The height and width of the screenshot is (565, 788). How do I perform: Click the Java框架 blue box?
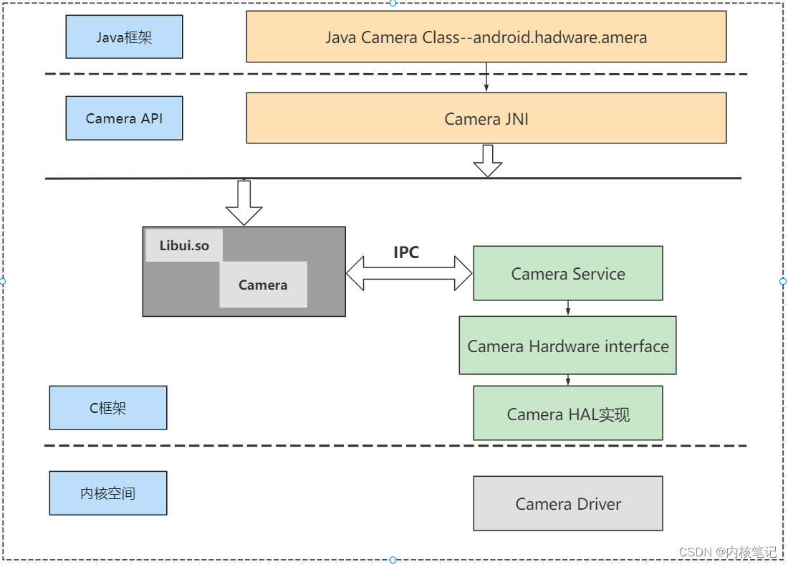(x=124, y=37)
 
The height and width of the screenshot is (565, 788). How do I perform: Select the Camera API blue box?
(x=124, y=118)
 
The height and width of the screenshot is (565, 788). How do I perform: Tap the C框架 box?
(x=108, y=407)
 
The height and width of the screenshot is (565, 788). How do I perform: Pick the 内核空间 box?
(x=108, y=493)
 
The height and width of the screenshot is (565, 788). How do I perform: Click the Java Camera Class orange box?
(x=486, y=37)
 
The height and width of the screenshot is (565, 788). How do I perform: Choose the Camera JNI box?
(x=486, y=118)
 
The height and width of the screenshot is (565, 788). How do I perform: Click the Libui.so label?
(x=184, y=245)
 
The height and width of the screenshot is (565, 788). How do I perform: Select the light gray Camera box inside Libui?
(x=264, y=284)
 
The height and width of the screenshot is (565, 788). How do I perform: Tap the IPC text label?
(x=406, y=252)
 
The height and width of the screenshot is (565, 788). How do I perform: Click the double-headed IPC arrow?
(x=409, y=273)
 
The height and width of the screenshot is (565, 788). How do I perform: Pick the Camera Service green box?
(x=568, y=273)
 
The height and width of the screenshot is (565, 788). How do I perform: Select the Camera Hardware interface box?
(x=568, y=346)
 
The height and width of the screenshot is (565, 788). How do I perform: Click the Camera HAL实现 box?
(x=568, y=414)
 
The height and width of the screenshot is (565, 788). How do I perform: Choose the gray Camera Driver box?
(x=568, y=503)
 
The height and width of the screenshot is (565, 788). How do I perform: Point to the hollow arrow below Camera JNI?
(x=487, y=161)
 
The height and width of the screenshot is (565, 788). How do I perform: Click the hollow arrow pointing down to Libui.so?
(x=244, y=203)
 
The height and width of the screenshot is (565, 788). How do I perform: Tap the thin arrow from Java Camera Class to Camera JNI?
(x=486, y=77)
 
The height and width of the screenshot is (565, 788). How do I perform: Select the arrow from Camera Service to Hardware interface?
(x=568, y=308)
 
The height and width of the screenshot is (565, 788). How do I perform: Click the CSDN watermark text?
(x=728, y=552)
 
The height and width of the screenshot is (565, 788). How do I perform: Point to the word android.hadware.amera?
(x=560, y=37)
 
